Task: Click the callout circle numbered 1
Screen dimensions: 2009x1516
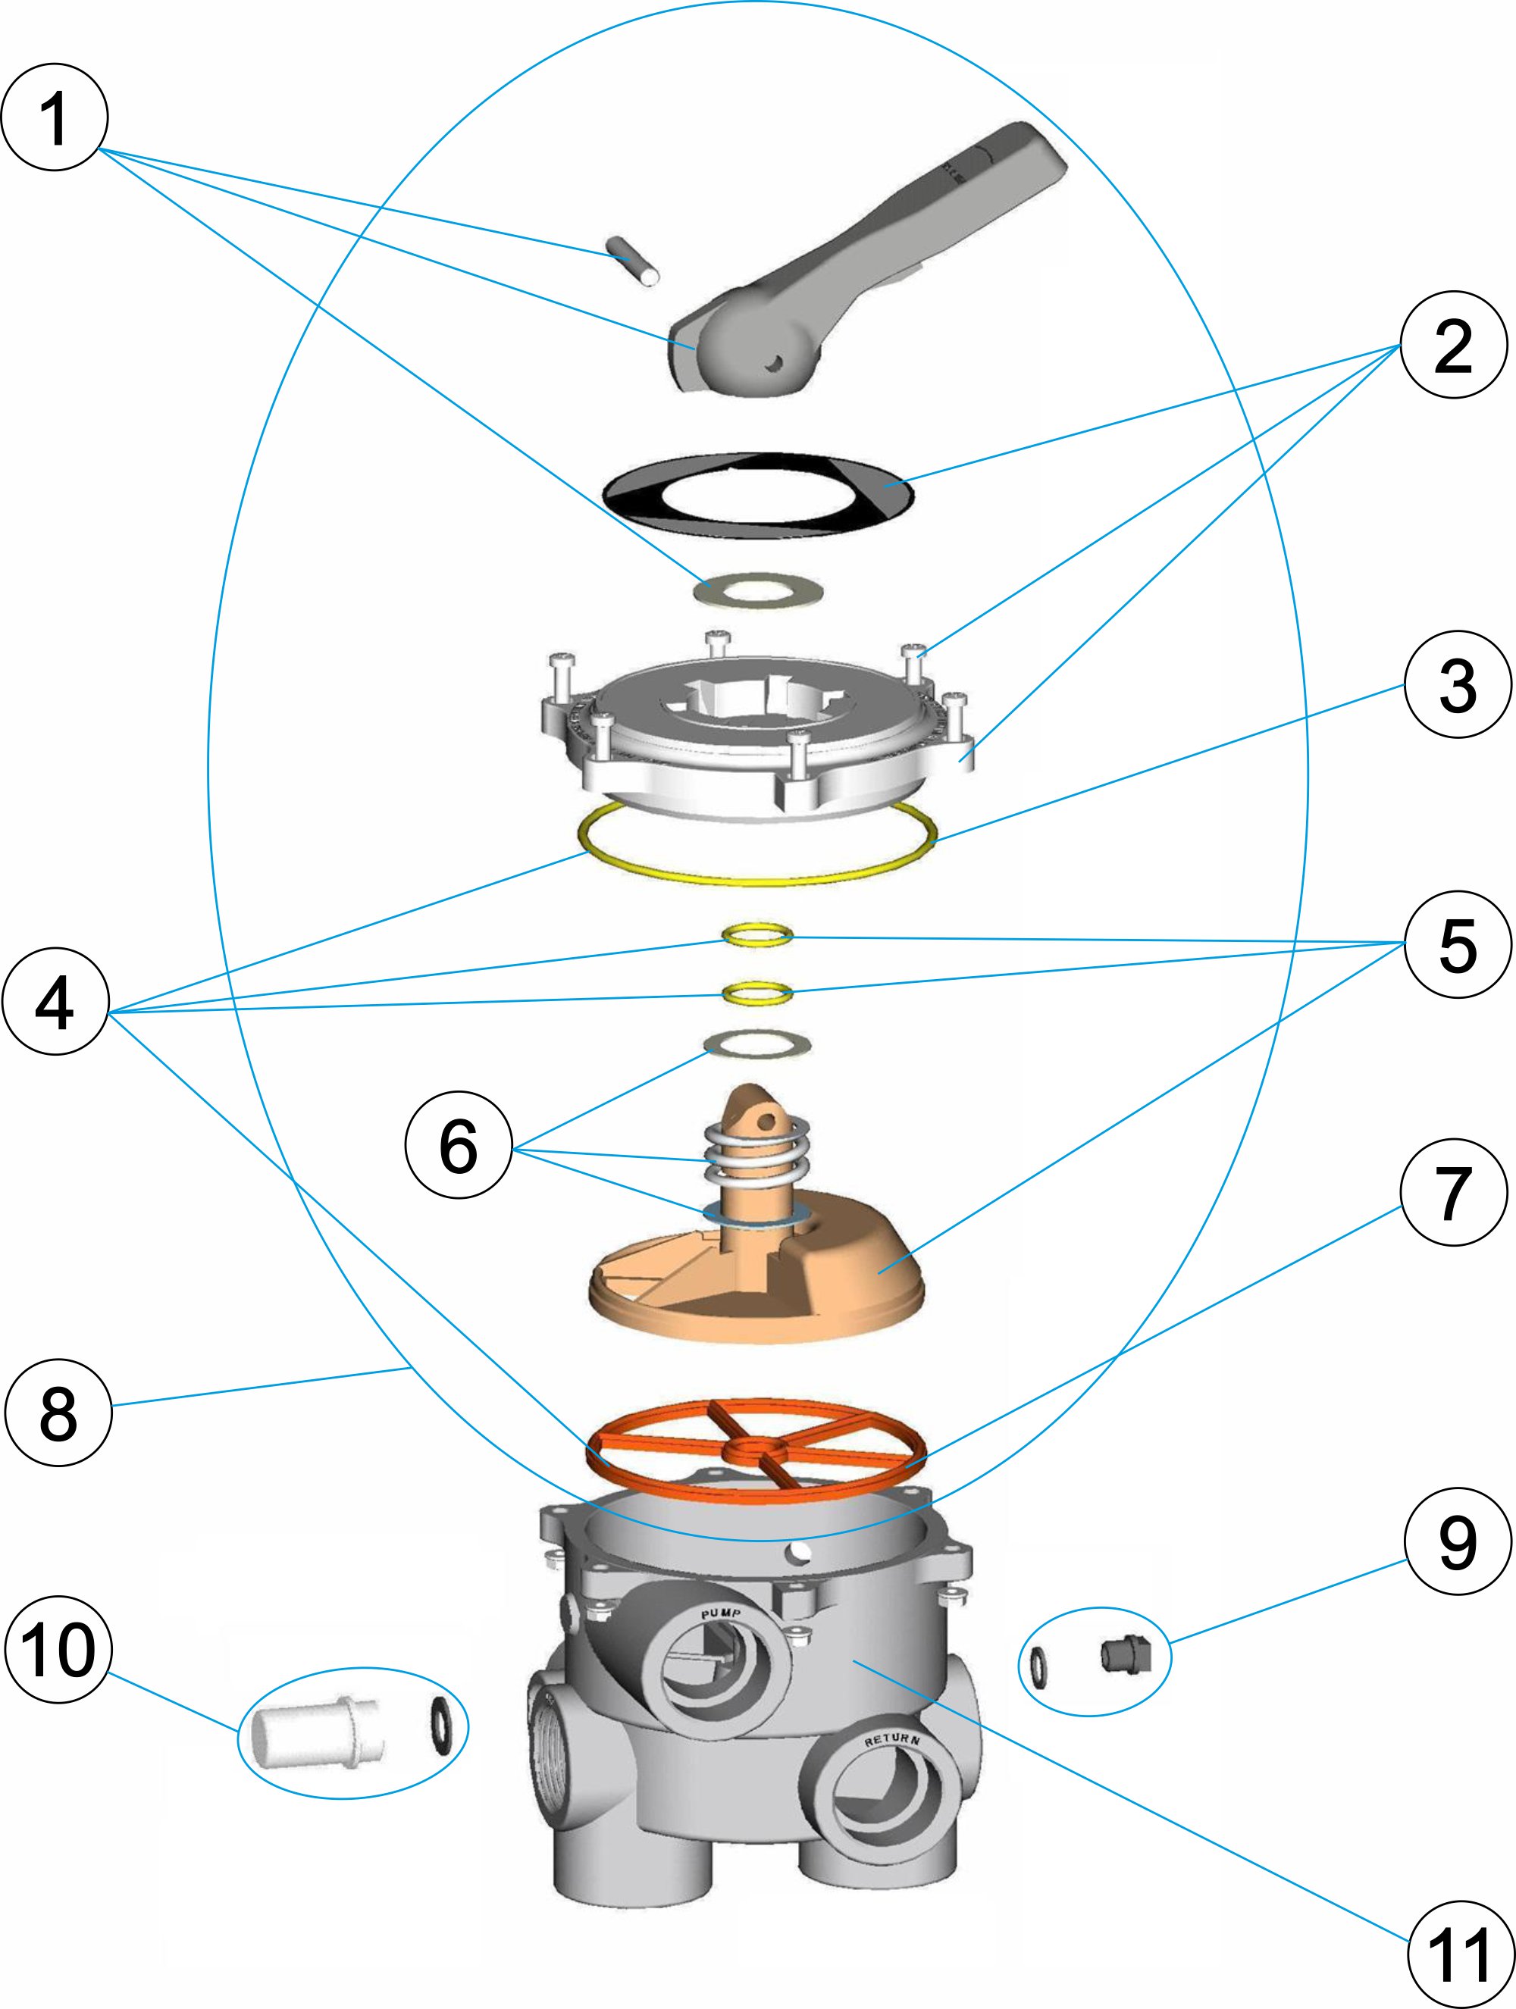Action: pos(55,117)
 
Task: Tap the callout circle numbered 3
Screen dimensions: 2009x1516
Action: pos(1457,685)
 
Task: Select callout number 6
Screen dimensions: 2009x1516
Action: pos(458,1145)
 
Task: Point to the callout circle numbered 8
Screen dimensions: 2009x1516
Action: pos(58,1411)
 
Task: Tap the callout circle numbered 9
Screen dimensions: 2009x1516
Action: pos(1457,1542)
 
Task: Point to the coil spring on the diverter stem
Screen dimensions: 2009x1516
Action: pos(756,1154)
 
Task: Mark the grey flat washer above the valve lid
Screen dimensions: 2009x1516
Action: pos(760,591)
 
